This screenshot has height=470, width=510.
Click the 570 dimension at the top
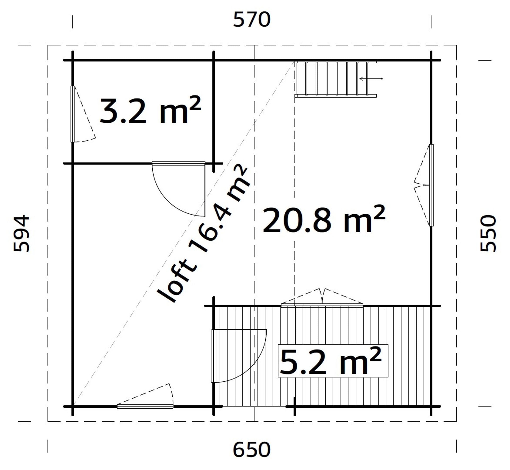pos(252,20)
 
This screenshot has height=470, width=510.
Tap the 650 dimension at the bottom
pos(252,450)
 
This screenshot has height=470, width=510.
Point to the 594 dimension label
pos(21,233)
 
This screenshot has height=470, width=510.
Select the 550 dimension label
pos(488,233)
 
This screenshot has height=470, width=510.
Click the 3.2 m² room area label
pos(150,110)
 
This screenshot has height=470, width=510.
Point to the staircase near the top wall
pos(336,79)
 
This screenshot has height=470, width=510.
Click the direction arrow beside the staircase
pos(371,79)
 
